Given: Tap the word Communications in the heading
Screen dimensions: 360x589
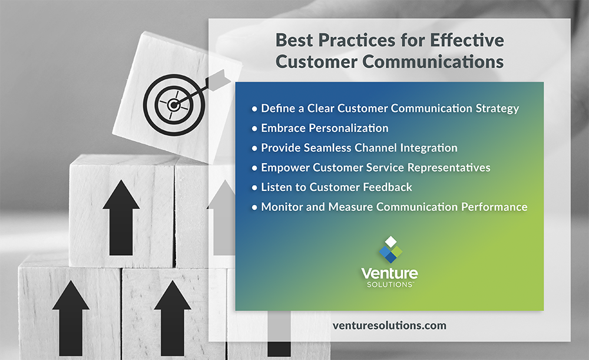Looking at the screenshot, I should click(434, 61).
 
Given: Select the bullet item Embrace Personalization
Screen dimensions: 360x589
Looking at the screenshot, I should click(325, 128).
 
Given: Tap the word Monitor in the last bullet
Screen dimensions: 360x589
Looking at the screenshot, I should click(280, 207).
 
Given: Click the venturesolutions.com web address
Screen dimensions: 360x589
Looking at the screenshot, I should click(389, 325).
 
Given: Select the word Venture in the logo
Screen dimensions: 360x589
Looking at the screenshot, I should click(389, 273).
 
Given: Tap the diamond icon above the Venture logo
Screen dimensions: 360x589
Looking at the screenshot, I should click(389, 250).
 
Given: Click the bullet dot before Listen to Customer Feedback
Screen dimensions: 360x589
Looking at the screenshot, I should click(254, 188).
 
